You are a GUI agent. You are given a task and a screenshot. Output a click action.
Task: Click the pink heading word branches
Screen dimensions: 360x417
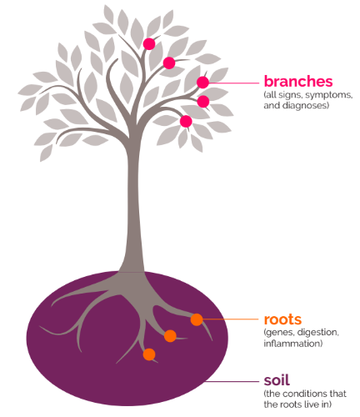(x=298, y=82)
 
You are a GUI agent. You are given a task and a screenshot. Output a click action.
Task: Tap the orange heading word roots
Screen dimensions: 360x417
(x=282, y=319)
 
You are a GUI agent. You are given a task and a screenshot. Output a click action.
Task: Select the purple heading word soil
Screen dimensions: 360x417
(x=277, y=380)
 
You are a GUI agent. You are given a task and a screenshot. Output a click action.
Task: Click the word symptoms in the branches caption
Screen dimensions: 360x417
(x=329, y=95)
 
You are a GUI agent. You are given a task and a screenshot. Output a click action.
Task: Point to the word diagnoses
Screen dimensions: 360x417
(x=305, y=106)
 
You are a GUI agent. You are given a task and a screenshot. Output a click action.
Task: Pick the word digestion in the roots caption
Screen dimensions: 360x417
(x=318, y=333)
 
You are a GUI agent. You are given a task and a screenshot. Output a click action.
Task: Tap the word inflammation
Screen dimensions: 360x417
(x=293, y=344)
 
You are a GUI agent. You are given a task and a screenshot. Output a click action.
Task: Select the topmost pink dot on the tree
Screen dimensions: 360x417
(x=149, y=44)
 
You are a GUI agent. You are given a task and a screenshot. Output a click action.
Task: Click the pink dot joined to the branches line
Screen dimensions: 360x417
(x=202, y=83)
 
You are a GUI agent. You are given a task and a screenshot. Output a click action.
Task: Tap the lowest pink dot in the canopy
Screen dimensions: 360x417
(x=186, y=122)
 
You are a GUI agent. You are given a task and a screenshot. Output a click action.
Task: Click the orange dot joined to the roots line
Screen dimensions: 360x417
(x=197, y=319)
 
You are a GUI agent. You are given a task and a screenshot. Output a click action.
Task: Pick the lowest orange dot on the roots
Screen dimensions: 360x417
(x=149, y=354)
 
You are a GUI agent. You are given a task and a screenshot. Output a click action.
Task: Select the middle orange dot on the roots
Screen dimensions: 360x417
(x=170, y=336)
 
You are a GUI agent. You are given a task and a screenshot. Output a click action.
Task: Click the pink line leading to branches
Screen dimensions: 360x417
(x=233, y=83)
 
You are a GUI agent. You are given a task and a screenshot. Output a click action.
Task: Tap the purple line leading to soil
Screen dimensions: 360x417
(x=232, y=381)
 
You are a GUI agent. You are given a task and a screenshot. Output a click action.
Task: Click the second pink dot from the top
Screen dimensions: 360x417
(x=169, y=63)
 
